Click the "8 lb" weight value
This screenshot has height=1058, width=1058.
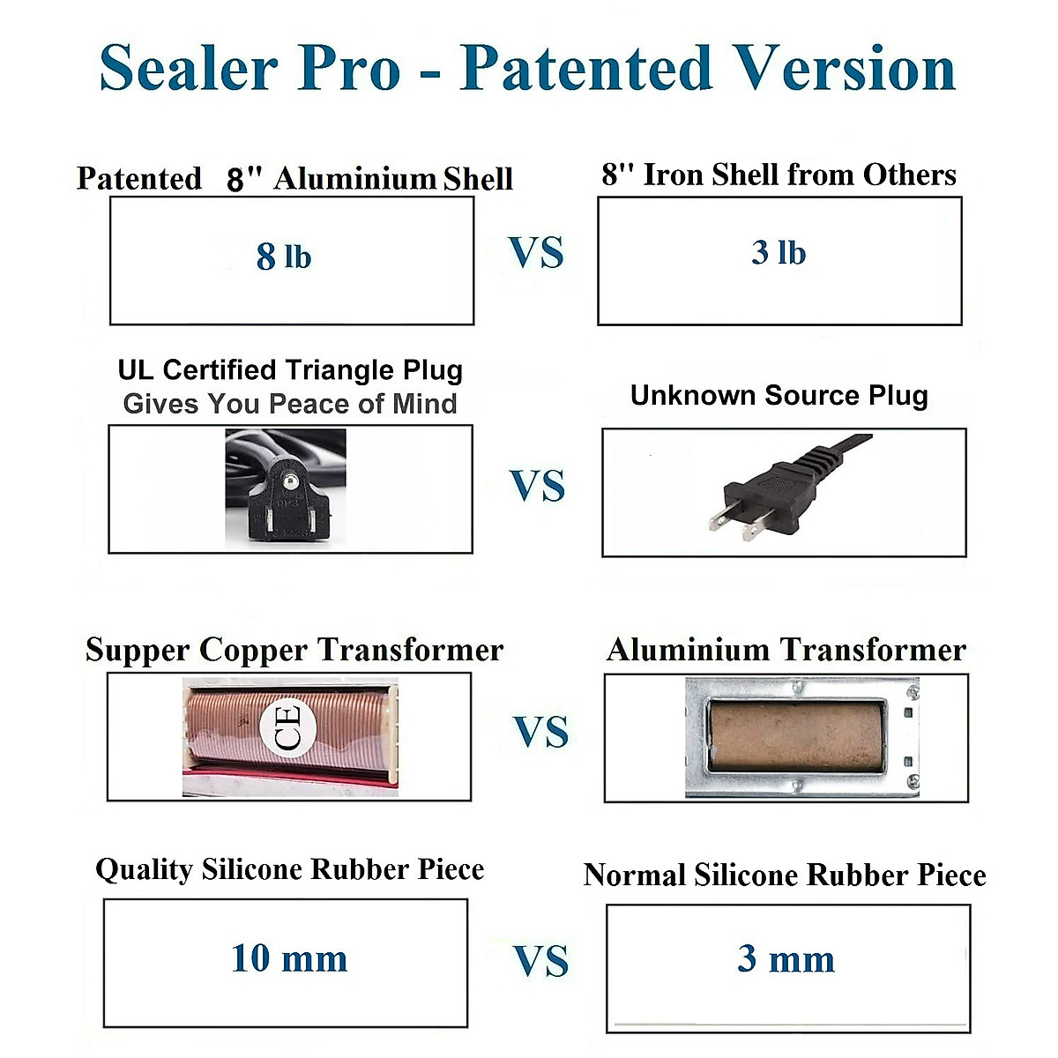(284, 257)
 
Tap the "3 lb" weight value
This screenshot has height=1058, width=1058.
(779, 253)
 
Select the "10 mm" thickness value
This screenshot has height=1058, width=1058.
(289, 958)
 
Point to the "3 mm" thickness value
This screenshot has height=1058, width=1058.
(786, 958)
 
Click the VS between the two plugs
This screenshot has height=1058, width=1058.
(537, 486)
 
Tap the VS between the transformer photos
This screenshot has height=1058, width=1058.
(540, 732)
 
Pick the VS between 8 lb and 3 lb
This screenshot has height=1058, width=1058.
(536, 253)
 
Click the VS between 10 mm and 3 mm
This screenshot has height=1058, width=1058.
(540, 960)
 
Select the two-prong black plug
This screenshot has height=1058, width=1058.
(776, 489)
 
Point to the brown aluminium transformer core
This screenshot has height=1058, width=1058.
(797, 736)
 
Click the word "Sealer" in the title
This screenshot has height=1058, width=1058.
(187, 68)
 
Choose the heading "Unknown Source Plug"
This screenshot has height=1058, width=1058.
(779, 395)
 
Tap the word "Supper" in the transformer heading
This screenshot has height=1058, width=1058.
(138, 651)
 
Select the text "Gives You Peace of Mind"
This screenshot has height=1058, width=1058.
(290, 404)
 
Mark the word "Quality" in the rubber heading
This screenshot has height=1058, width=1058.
(144, 869)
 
